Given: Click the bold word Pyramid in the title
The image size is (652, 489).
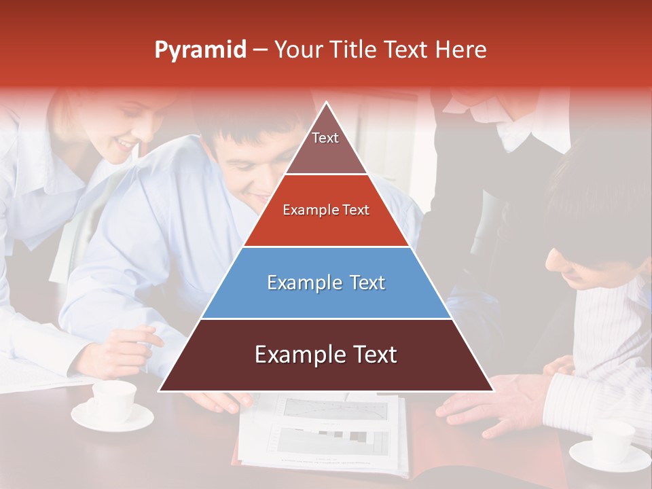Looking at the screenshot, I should pos(200,50).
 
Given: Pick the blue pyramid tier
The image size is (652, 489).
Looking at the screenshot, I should pos(326,283).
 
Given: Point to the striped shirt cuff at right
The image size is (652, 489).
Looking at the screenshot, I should pos(577,401).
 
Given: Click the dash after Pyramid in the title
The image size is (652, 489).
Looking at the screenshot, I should pos(260,50).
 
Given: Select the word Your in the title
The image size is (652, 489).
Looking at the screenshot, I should pos(297,50).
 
